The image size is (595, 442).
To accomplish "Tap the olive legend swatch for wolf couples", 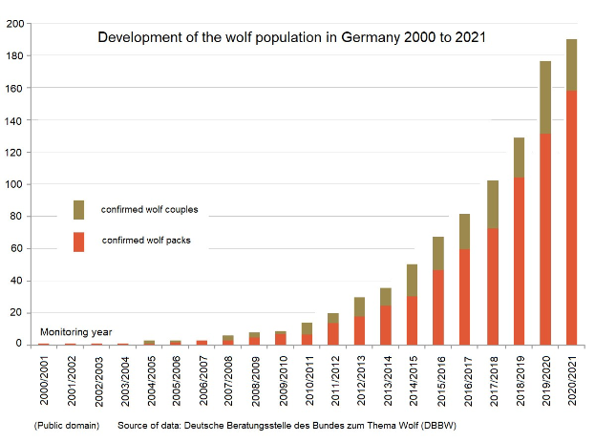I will pyautogui.click(x=79, y=210).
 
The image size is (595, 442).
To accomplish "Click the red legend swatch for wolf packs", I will pyautogui.click(x=79, y=242).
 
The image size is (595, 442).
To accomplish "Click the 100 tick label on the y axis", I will pyautogui.click(x=14, y=184).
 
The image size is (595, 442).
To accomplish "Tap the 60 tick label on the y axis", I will pyautogui.click(x=17, y=248).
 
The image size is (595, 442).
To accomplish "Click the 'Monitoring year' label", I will pyautogui.click(x=75, y=331).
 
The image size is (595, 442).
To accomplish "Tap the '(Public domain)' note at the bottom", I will pyautogui.click(x=66, y=423).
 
